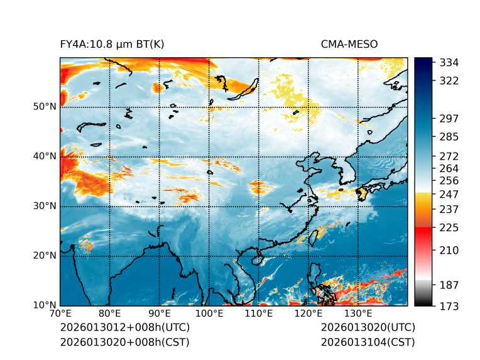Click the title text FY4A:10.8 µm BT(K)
tap(112, 44)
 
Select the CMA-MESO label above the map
tap(349, 44)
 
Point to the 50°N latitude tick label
tap(45, 107)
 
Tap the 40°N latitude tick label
tap(45, 156)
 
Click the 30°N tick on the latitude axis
tap(45, 206)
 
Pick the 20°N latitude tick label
tap(45, 256)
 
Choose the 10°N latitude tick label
tap(45, 305)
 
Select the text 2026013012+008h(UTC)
tap(124, 328)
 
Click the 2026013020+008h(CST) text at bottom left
tap(124, 342)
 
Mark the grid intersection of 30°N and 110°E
tap(259, 206)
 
